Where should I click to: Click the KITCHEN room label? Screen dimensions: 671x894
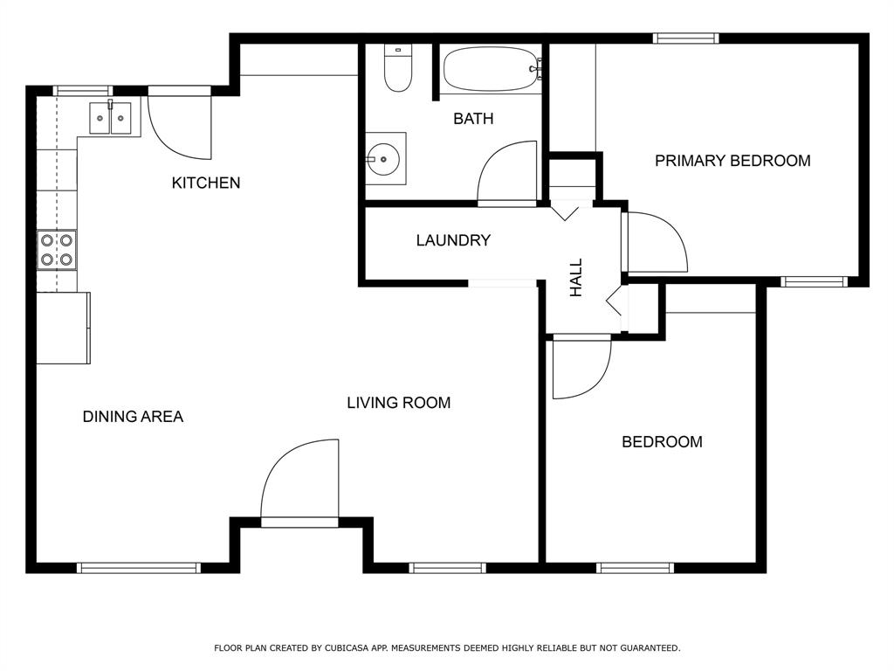[x=205, y=183]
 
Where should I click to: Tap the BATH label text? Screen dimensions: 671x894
[x=472, y=119]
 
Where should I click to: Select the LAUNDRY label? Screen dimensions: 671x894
[x=453, y=240]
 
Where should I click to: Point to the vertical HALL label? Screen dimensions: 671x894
[x=576, y=278]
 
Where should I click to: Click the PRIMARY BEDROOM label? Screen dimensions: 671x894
[x=732, y=161]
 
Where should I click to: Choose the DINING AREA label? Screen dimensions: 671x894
[x=133, y=417]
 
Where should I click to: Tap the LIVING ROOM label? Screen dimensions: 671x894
[x=398, y=403]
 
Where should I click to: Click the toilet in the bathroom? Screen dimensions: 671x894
[x=398, y=70]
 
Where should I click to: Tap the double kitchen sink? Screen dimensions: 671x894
[x=110, y=118]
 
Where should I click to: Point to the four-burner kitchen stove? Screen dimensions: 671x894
[x=57, y=249]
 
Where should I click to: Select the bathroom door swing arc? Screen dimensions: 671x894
[x=508, y=172]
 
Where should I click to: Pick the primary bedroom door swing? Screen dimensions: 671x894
[x=656, y=242]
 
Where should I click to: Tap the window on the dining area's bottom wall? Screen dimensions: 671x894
[x=139, y=568]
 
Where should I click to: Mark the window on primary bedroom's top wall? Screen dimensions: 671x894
[x=686, y=38]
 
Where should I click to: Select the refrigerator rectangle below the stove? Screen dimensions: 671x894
[x=63, y=328]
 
